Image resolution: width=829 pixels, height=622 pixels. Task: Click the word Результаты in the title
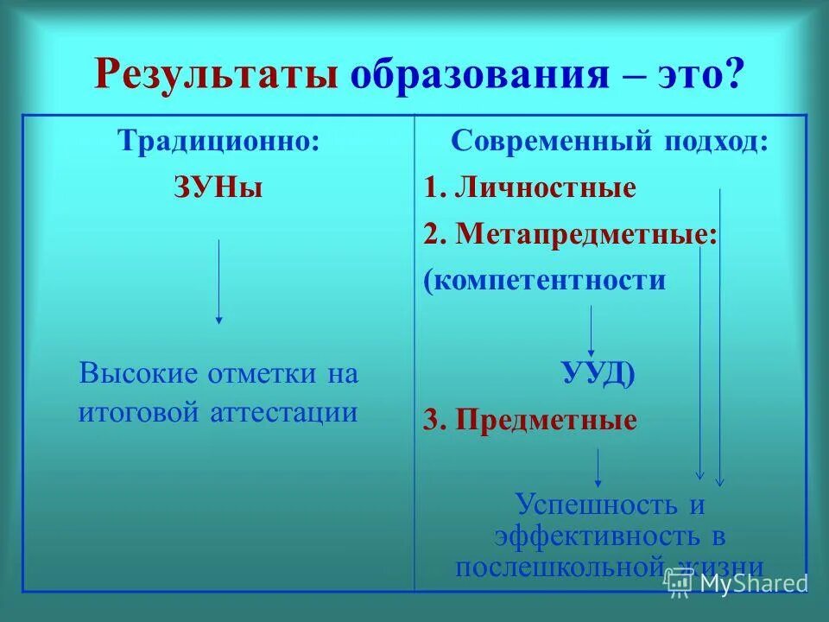pyautogui.click(x=215, y=75)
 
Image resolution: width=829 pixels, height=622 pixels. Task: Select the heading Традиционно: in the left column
pyautogui.click(x=218, y=141)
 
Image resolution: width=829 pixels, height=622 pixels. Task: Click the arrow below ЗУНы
pyautogui.click(x=218, y=282)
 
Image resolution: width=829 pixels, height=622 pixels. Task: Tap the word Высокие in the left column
pyautogui.click(x=138, y=374)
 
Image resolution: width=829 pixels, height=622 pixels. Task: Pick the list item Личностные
pyautogui.click(x=544, y=187)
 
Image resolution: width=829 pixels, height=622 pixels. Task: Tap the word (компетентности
pyautogui.click(x=545, y=280)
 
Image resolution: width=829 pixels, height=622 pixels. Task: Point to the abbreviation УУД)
pyautogui.click(x=598, y=374)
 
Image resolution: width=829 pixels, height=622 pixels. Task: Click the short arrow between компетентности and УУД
pyautogui.click(x=592, y=328)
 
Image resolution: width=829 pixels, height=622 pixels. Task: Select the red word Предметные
pyautogui.click(x=546, y=421)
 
